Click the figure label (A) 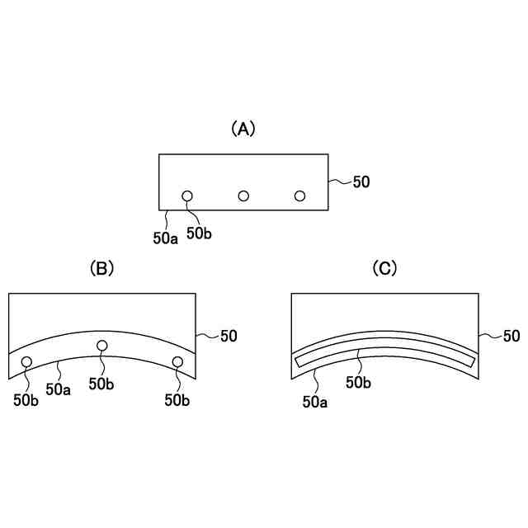pyautogui.click(x=243, y=128)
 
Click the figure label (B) pyautogui.click(x=101, y=267)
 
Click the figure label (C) pyautogui.click(x=385, y=267)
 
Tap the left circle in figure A pyautogui.click(x=187, y=196)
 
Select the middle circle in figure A pyautogui.click(x=243, y=196)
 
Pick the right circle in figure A pyautogui.click(x=299, y=196)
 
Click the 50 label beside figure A pyautogui.click(x=361, y=181)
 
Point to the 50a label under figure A pyautogui.click(x=165, y=238)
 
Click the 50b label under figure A pyautogui.click(x=199, y=233)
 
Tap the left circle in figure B pyautogui.click(x=26, y=361)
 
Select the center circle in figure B pyautogui.click(x=102, y=345)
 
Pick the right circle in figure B pyautogui.click(x=177, y=361)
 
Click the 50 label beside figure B pyautogui.click(x=229, y=336)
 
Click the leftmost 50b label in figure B pyautogui.click(x=26, y=400)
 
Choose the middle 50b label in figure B pyautogui.click(x=101, y=384)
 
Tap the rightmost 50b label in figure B pyautogui.click(x=177, y=400)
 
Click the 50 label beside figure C pyautogui.click(x=511, y=336)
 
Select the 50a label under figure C pyautogui.click(x=315, y=402)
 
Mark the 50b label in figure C pyautogui.click(x=358, y=383)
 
